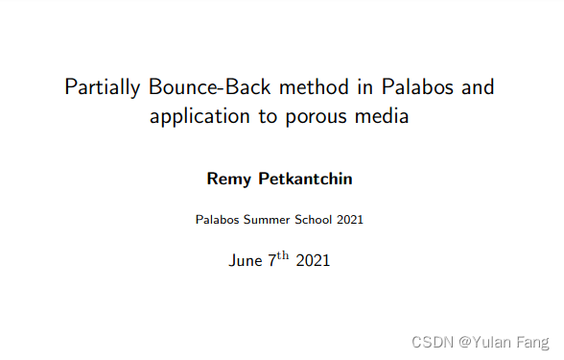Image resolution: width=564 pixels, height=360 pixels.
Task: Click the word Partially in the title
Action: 104,88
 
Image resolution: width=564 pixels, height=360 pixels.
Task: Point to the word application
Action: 196,118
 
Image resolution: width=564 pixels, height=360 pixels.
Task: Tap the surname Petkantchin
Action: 304,179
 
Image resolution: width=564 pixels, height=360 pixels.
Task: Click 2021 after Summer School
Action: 349,220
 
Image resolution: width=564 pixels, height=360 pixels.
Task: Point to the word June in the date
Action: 245,260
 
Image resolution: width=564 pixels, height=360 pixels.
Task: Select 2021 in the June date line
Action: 315,260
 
